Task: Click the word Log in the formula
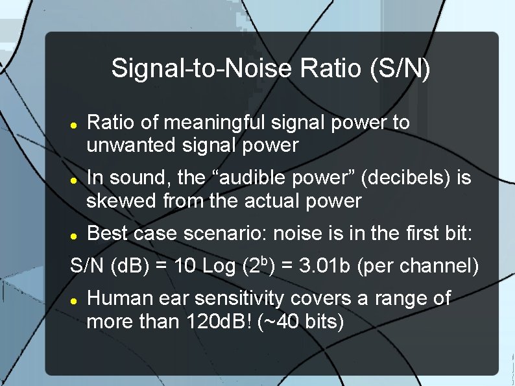point(219,266)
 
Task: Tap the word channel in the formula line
point(442,266)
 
